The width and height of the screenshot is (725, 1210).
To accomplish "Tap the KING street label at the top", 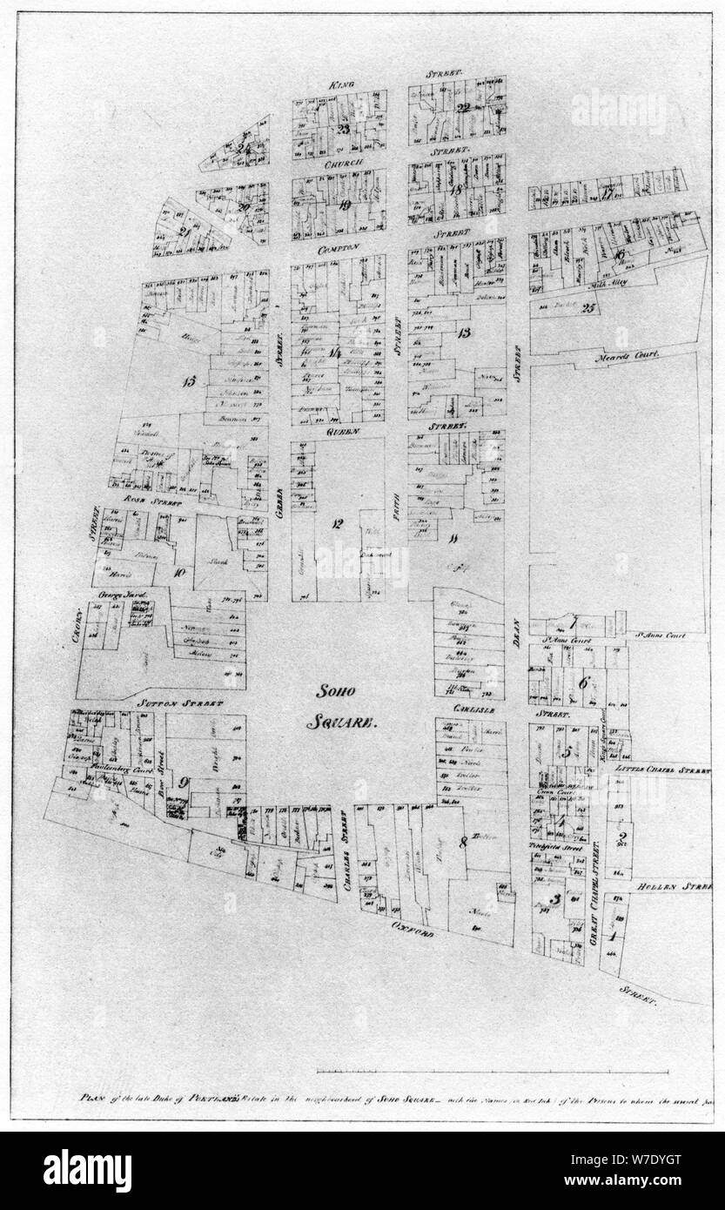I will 339,84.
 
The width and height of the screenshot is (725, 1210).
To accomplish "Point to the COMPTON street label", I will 339,247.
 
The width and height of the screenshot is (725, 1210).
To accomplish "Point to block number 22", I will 463,108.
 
